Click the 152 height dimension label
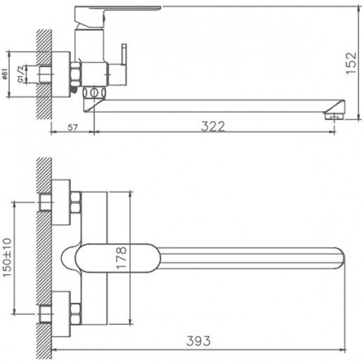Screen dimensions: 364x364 351,63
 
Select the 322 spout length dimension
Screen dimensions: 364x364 213,126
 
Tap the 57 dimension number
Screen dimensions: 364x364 72,128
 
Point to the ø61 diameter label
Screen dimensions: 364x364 5,74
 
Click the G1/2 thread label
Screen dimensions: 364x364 21,74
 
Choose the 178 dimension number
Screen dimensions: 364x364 122,258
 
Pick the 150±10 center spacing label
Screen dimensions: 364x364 7,258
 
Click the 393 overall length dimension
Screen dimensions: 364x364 198,341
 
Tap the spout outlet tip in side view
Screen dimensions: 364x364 334,115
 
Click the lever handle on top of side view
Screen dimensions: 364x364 117,9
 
